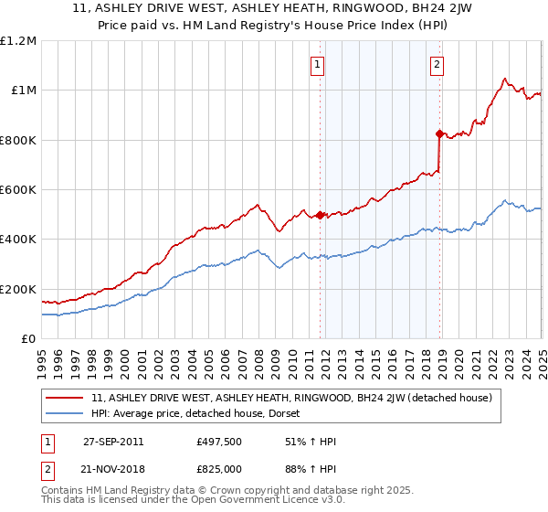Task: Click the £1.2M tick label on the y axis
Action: click(17, 40)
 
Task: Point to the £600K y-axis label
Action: click(17, 189)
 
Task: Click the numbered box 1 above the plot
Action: click(317, 64)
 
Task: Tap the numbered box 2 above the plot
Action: click(437, 64)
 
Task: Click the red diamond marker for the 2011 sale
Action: click(321, 215)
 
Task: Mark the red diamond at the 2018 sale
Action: click(439, 133)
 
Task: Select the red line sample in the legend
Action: click(66, 398)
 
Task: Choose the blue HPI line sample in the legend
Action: click(66, 412)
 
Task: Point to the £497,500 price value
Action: click(218, 442)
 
